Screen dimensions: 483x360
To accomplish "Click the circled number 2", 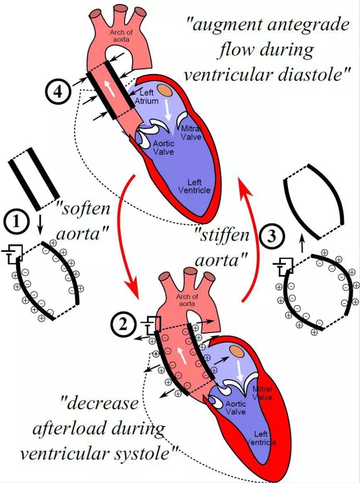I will coord(123,324).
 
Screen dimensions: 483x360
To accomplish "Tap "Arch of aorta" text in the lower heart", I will coord(187,300).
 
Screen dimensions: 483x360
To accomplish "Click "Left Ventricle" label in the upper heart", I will coord(194,186).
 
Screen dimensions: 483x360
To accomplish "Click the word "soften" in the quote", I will coord(83,209).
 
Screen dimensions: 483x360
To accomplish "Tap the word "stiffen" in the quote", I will coord(222,236).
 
